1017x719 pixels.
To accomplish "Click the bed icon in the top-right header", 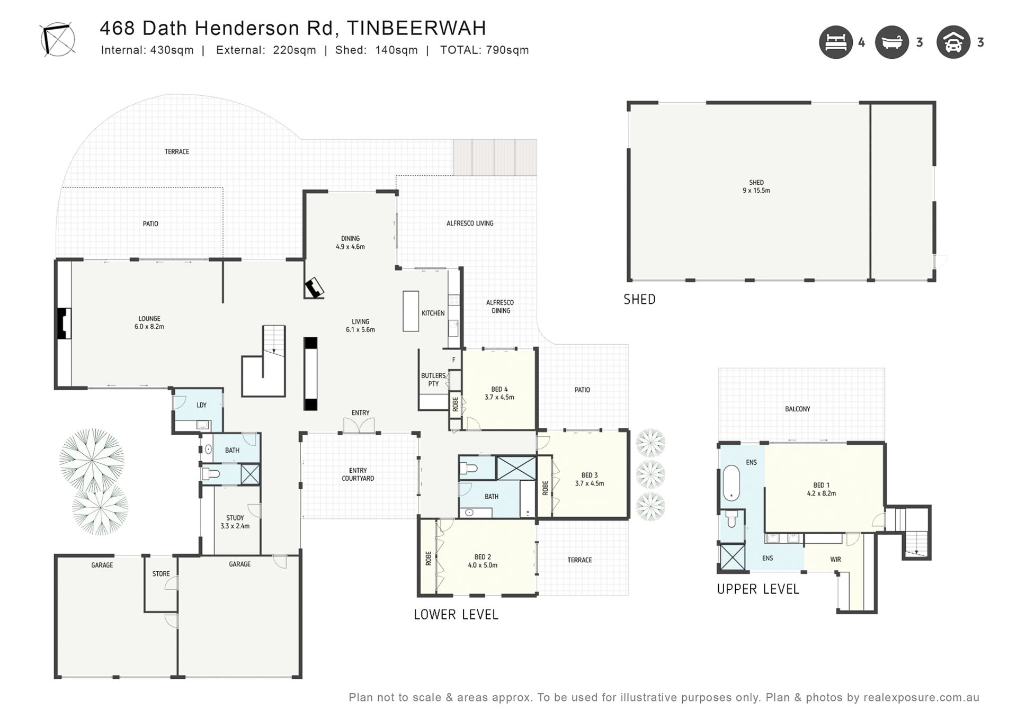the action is click(836, 42).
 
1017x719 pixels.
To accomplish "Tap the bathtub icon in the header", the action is click(892, 42).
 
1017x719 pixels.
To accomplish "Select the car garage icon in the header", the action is click(953, 42).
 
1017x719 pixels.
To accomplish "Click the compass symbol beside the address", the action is click(58, 39).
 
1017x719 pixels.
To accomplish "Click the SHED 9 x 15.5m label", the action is click(756, 186).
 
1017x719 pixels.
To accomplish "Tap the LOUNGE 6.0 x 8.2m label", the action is click(149, 322).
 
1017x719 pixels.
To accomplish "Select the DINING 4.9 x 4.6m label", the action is click(350, 242).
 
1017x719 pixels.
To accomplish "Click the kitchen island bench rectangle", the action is click(411, 311).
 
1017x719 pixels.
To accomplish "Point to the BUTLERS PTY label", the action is click(433, 380).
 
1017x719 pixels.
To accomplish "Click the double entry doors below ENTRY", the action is click(359, 426).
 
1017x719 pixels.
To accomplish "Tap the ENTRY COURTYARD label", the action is click(358, 474).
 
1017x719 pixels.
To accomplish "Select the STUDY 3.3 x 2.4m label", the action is click(235, 522).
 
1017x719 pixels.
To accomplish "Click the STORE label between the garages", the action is click(161, 574).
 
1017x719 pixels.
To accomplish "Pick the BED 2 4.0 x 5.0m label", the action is click(483, 561).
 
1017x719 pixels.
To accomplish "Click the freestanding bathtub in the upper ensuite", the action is click(731, 483).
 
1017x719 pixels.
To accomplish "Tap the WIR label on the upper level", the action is click(835, 559).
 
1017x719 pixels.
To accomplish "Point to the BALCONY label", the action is click(798, 409).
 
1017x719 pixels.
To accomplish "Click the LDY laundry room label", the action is click(201, 405).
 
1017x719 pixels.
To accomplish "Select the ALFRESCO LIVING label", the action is click(470, 223).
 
